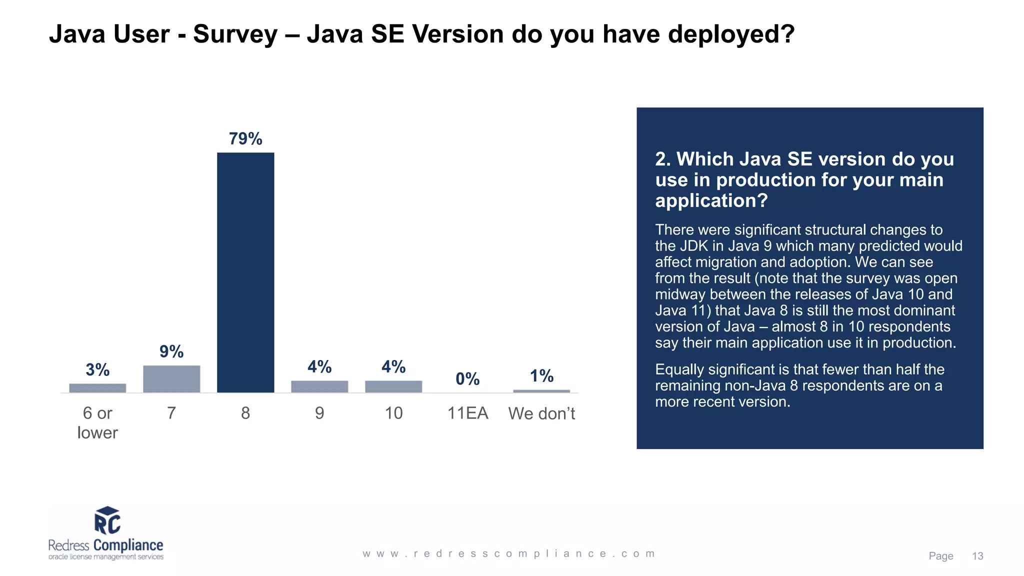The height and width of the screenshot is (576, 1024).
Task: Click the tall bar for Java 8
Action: (x=245, y=272)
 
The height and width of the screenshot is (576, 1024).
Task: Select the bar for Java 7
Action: (x=171, y=379)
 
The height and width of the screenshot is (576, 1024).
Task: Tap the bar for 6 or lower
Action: (x=97, y=388)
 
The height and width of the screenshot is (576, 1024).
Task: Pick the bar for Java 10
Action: (x=393, y=386)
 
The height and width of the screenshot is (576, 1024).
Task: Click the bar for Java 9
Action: (x=319, y=386)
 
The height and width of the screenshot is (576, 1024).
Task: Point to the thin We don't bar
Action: (x=541, y=391)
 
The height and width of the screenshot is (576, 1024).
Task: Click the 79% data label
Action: (x=245, y=138)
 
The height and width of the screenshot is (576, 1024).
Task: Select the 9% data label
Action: (x=171, y=351)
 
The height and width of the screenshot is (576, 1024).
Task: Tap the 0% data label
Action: (x=467, y=379)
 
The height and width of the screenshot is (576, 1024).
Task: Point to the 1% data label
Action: (x=541, y=376)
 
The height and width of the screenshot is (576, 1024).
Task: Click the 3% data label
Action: (x=97, y=370)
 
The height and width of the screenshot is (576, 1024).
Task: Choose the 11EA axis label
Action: (x=467, y=413)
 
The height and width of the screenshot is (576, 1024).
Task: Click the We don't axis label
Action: (x=541, y=413)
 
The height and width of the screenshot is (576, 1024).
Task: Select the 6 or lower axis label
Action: (x=97, y=422)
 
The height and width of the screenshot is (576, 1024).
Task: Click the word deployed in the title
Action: (x=730, y=34)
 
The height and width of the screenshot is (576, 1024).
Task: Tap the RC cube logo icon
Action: (x=107, y=520)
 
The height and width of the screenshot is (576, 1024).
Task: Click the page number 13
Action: (x=977, y=556)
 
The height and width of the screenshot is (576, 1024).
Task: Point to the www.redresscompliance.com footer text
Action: (x=508, y=553)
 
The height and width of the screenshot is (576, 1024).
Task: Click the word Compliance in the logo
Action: (x=128, y=545)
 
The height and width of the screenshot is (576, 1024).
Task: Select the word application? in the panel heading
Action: (x=711, y=200)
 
